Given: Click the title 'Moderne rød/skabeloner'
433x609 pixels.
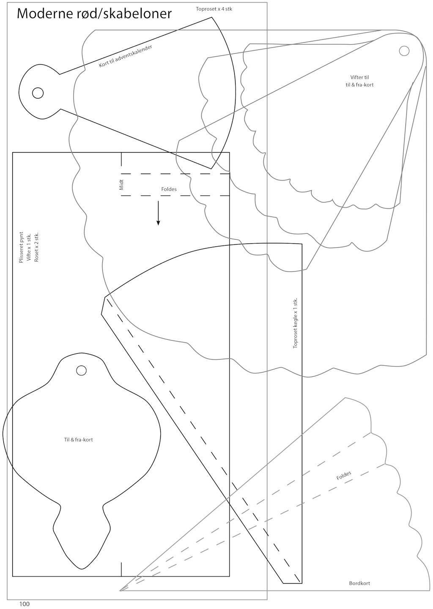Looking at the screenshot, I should tap(94, 14).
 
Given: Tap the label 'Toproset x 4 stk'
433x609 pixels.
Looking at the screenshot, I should tap(214, 9).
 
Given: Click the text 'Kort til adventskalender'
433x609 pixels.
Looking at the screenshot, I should tap(126, 56).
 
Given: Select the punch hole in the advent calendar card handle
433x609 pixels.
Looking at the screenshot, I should tap(38, 93).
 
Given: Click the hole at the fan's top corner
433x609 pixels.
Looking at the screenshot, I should tap(404, 51).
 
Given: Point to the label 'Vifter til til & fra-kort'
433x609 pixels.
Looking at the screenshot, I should tap(359, 81).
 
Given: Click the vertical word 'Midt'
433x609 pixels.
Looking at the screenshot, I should tap(122, 185).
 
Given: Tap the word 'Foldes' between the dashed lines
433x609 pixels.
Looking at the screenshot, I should tap(169, 189).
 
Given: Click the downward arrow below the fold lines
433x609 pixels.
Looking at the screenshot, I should tap(158, 214).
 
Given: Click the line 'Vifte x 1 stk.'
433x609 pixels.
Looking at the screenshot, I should tap(29, 248).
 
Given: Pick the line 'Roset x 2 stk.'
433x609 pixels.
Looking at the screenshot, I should tap(36, 247).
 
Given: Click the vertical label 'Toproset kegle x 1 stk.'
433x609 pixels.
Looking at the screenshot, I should tap(295, 323).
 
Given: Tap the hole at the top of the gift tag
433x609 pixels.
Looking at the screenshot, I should tap(81, 370).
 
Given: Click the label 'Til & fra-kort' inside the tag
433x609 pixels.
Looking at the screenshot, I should tap(78, 440).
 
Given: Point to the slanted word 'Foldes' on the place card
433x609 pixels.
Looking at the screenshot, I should tap(344, 475).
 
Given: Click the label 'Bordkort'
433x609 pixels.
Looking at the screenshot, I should tap(359, 583).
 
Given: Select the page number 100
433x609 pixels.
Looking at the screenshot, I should tap(25, 604).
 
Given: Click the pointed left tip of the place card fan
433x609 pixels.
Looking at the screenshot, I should tap(121, 590).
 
